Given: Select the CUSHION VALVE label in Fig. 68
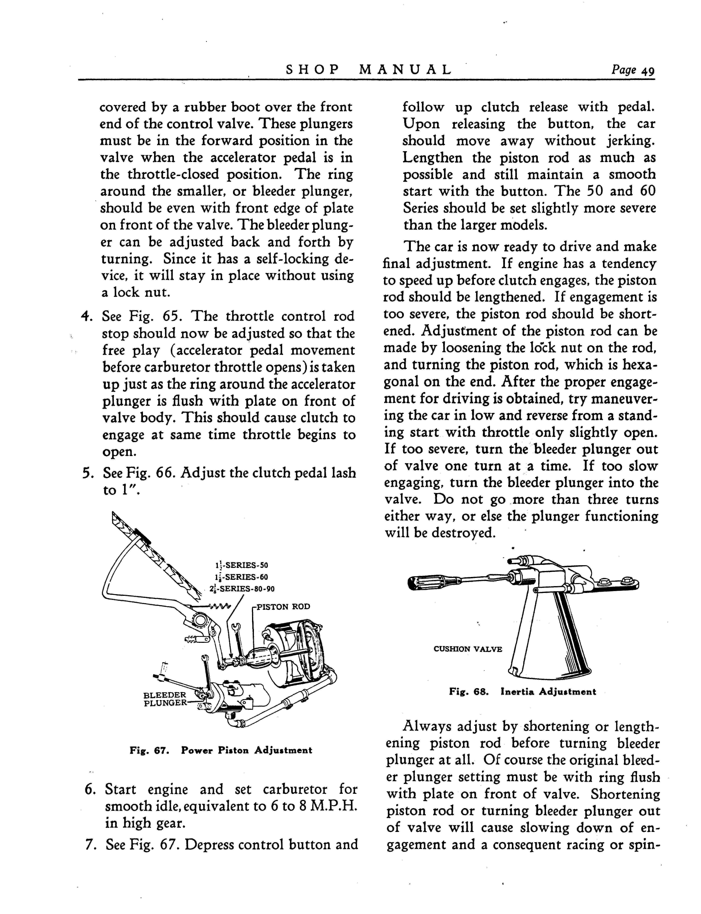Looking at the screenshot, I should pos(468,649).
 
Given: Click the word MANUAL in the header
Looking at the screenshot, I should pos(405,69).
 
